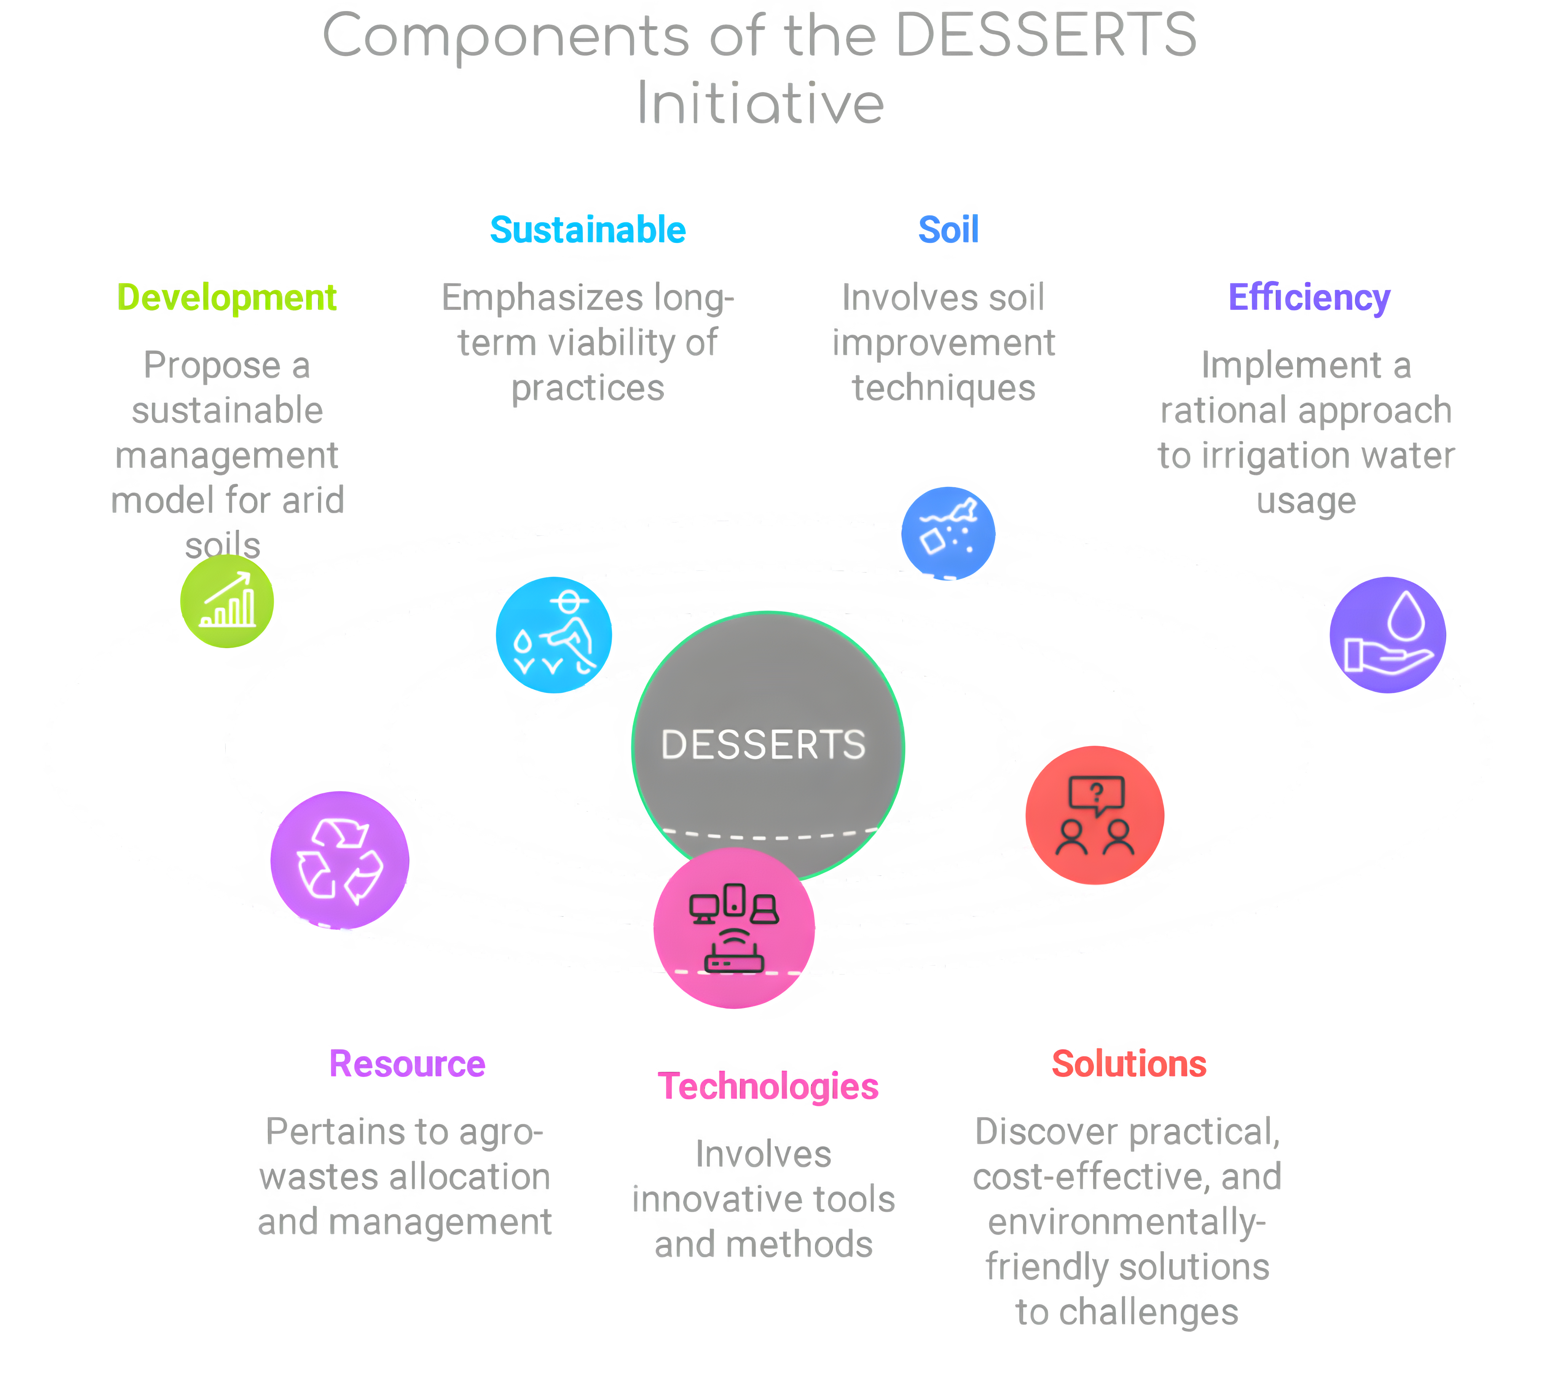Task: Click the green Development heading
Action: coord(226,298)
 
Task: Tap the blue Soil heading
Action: coord(948,230)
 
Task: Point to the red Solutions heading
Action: coord(1129,1064)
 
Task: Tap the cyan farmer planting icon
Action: coord(554,635)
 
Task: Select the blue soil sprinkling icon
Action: coord(948,533)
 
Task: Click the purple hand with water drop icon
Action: coord(1387,635)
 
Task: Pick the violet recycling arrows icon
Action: coord(340,860)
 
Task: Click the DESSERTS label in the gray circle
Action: coord(764,745)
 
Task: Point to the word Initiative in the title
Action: coord(760,103)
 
